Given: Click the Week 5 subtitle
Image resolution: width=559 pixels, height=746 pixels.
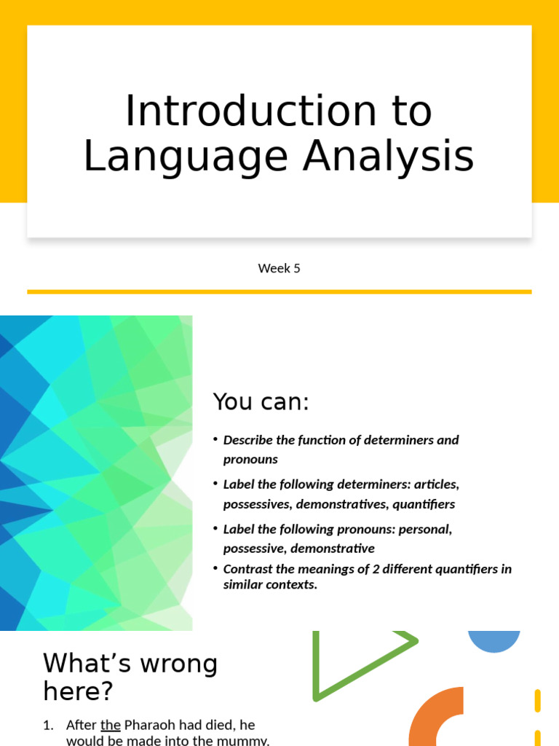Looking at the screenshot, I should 279,268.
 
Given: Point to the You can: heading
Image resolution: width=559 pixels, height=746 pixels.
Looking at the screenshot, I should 261,401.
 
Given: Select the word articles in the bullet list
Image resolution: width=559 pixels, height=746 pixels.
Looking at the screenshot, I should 436,484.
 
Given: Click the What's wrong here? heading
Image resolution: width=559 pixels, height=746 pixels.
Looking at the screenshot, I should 130,676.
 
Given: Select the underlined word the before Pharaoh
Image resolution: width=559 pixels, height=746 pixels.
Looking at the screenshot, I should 110,726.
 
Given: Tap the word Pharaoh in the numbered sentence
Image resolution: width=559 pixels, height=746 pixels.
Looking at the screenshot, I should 154,726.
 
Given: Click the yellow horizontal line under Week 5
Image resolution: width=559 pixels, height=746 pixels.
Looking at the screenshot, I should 279,291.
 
